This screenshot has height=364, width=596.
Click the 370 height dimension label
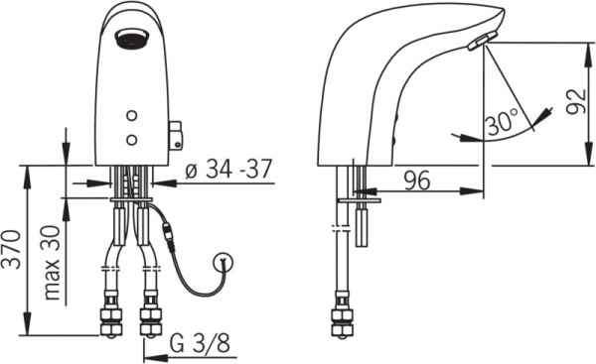tap(12, 250)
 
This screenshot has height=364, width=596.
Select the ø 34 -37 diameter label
tap(228, 169)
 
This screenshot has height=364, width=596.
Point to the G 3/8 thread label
tap(200, 344)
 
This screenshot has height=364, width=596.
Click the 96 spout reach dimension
tap(416, 181)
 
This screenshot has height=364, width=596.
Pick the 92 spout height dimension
tap(575, 101)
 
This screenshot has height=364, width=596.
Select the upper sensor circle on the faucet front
tap(132, 115)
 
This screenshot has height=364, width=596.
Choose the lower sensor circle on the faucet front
tap(132, 140)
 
